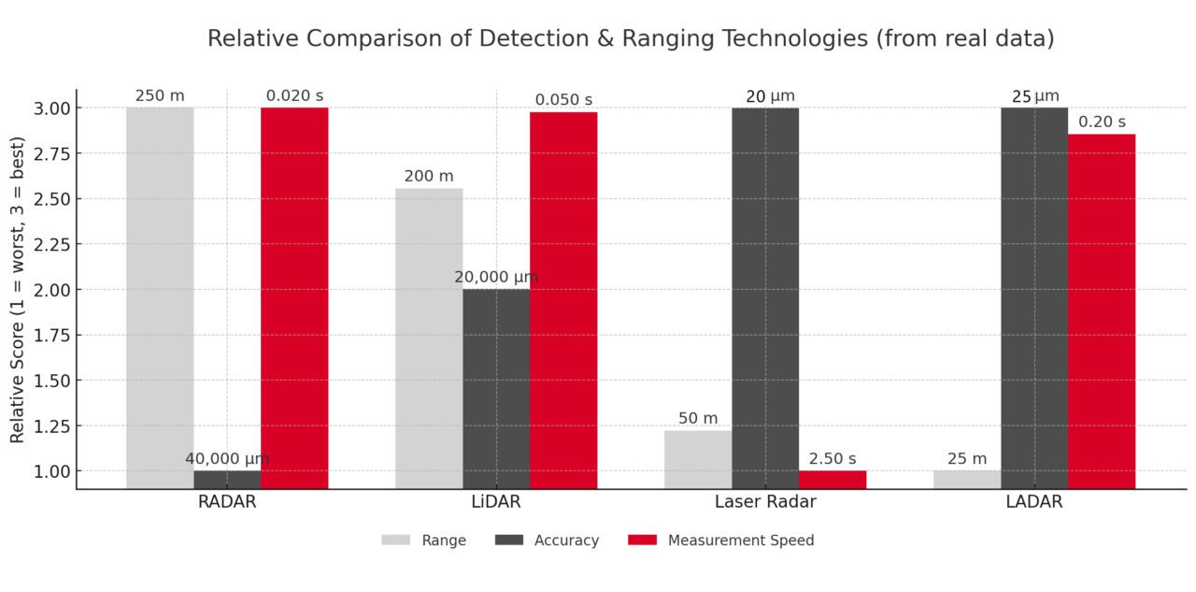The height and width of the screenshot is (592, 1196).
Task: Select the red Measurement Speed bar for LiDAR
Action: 563,300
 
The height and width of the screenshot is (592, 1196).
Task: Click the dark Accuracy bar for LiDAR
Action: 496,388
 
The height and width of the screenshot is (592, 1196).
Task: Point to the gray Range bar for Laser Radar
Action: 698,459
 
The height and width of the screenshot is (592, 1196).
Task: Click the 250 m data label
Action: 160,95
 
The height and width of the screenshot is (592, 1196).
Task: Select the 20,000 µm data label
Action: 496,278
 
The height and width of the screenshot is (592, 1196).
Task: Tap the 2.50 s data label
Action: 833,458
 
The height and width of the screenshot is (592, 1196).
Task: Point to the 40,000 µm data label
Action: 227,459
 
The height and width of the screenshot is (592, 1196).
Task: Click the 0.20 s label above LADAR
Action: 1102,122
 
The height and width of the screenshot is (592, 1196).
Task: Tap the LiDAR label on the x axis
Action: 496,502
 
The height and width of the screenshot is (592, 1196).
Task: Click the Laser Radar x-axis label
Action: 765,502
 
